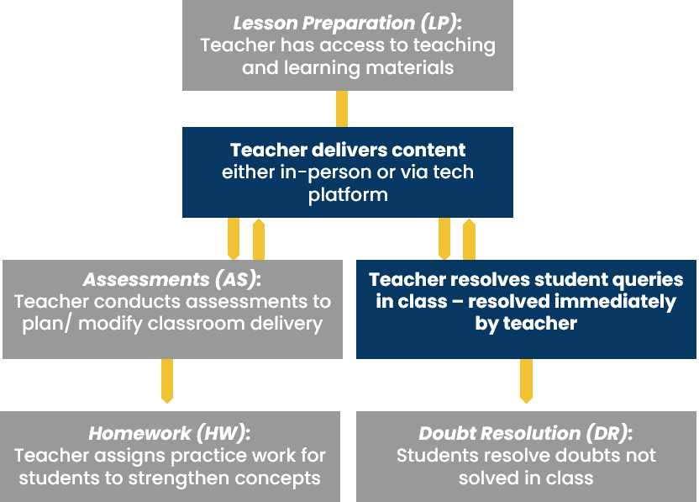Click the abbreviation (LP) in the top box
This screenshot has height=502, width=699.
click(439, 24)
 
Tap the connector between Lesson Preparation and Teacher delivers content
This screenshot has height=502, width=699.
click(342, 108)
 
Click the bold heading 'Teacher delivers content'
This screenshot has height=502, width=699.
click(348, 150)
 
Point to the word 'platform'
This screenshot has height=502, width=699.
click(348, 195)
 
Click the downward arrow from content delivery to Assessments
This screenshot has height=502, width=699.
click(234, 239)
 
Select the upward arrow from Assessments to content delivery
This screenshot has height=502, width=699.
click(259, 239)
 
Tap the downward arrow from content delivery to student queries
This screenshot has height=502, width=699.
click(444, 239)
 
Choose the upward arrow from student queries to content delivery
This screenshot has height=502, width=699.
click(469, 239)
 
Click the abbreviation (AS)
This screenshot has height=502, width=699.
click(237, 280)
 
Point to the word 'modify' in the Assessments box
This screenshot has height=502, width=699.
click(110, 324)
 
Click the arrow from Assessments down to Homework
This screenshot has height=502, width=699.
click(167, 381)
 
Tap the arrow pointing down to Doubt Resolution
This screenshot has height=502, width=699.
click(527, 381)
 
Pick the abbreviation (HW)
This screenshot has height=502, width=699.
click(223, 433)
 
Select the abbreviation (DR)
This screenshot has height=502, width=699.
click(608, 433)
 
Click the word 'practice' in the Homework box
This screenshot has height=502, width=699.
click(209, 456)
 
